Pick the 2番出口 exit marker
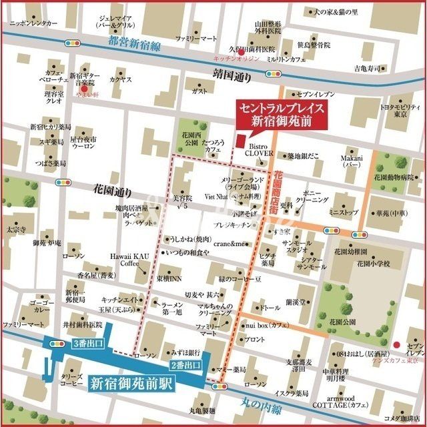(x=186, y=366)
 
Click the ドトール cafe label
(x=269, y=308)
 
